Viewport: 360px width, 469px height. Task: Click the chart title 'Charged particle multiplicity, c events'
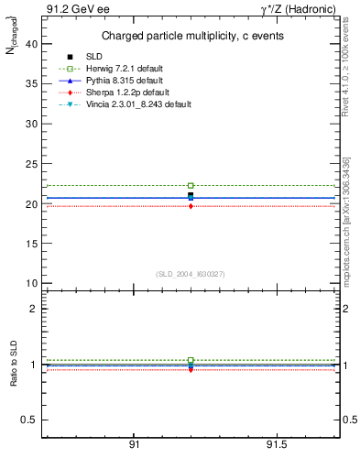[x=191, y=36]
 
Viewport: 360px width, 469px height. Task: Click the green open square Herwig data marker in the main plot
[x=191, y=185]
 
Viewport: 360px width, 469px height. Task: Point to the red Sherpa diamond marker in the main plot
[x=191, y=206]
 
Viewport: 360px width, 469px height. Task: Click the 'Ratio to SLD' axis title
[x=13, y=364]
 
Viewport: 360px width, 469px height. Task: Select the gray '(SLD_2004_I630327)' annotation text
[x=191, y=273]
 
